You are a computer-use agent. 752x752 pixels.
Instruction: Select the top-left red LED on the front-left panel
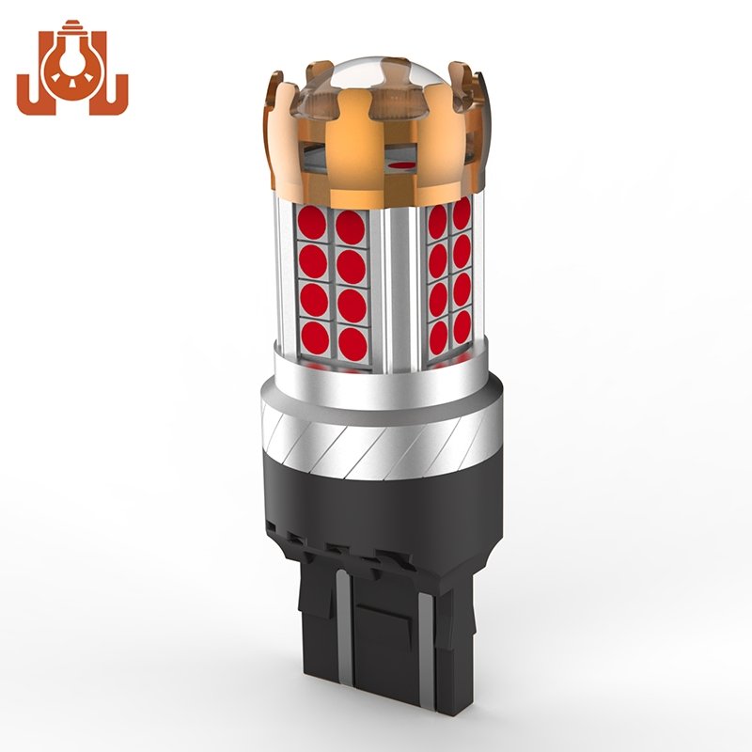(312, 224)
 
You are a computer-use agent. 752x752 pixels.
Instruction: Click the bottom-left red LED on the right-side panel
(437, 333)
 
